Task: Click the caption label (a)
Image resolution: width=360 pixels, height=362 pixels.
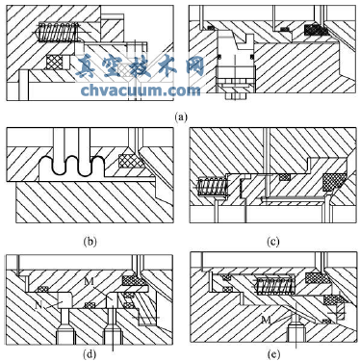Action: (x=181, y=116)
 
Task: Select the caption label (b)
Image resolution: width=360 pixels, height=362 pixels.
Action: (x=90, y=241)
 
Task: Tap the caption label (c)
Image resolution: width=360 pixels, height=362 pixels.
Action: (x=273, y=241)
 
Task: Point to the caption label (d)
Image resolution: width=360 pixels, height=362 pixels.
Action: (x=90, y=354)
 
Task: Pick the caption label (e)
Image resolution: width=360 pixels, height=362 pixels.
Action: (x=273, y=354)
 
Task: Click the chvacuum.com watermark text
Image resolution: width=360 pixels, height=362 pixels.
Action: (x=141, y=90)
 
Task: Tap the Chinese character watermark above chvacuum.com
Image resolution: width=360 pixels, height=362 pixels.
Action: (x=140, y=66)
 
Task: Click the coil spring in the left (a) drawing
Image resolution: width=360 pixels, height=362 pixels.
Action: (x=59, y=32)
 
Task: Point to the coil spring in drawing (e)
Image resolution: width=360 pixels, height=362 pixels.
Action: (x=274, y=285)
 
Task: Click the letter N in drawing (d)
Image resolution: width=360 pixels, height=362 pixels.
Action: (x=39, y=305)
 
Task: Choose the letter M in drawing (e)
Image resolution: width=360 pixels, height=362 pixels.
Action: (x=265, y=319)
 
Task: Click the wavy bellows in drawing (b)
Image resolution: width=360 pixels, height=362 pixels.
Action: (x=72, y=166)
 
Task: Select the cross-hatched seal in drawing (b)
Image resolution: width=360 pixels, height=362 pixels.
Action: (x=132, y=161)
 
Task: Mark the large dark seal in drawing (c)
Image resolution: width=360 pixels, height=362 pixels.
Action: (x=335, y=182)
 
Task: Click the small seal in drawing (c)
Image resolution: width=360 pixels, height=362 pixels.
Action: (x=284, y=177)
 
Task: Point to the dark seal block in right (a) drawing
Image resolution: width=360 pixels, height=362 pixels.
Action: (x=316, y=30)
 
